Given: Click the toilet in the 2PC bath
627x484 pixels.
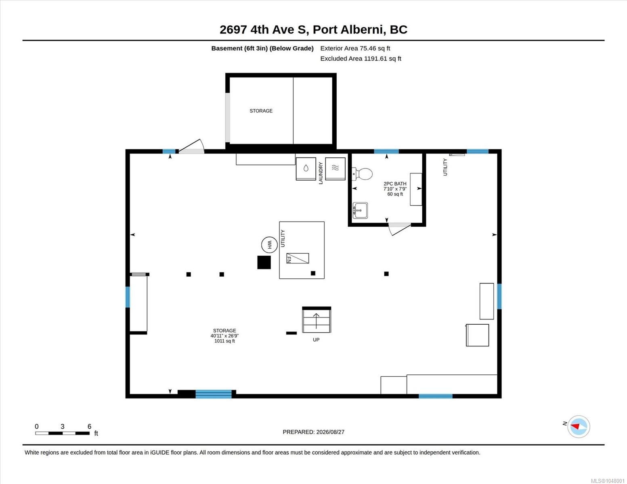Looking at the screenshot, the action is pos(363,174).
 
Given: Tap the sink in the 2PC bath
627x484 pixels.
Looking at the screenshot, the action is pos(360,211).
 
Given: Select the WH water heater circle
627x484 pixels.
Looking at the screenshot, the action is pos(269,245).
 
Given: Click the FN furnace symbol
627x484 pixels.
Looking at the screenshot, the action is pos(298,258).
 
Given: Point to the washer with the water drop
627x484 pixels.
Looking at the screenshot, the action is pos(306,169).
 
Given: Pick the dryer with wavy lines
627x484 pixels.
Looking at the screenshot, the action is pos(335,169).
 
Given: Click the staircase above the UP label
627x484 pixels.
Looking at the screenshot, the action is pos(317,320).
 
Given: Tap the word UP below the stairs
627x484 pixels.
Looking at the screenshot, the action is pos(316,340).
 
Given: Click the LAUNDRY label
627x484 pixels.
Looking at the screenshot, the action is pos(321,173).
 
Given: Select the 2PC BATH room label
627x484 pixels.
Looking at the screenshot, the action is pos(395,184).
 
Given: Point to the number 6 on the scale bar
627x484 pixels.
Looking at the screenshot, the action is pos(90,426).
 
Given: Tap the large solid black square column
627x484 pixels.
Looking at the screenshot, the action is pos(264,262).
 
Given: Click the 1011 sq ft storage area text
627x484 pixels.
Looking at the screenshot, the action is pos(224,341).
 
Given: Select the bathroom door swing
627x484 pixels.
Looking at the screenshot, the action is pos(400,229).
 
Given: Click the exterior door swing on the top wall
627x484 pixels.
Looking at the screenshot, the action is pos(191,146).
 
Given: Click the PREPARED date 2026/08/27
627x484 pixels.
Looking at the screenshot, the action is pos(330,432).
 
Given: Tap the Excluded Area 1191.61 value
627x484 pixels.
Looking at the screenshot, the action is pos(375,58).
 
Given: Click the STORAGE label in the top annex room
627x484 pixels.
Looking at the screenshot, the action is pos(261,111).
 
